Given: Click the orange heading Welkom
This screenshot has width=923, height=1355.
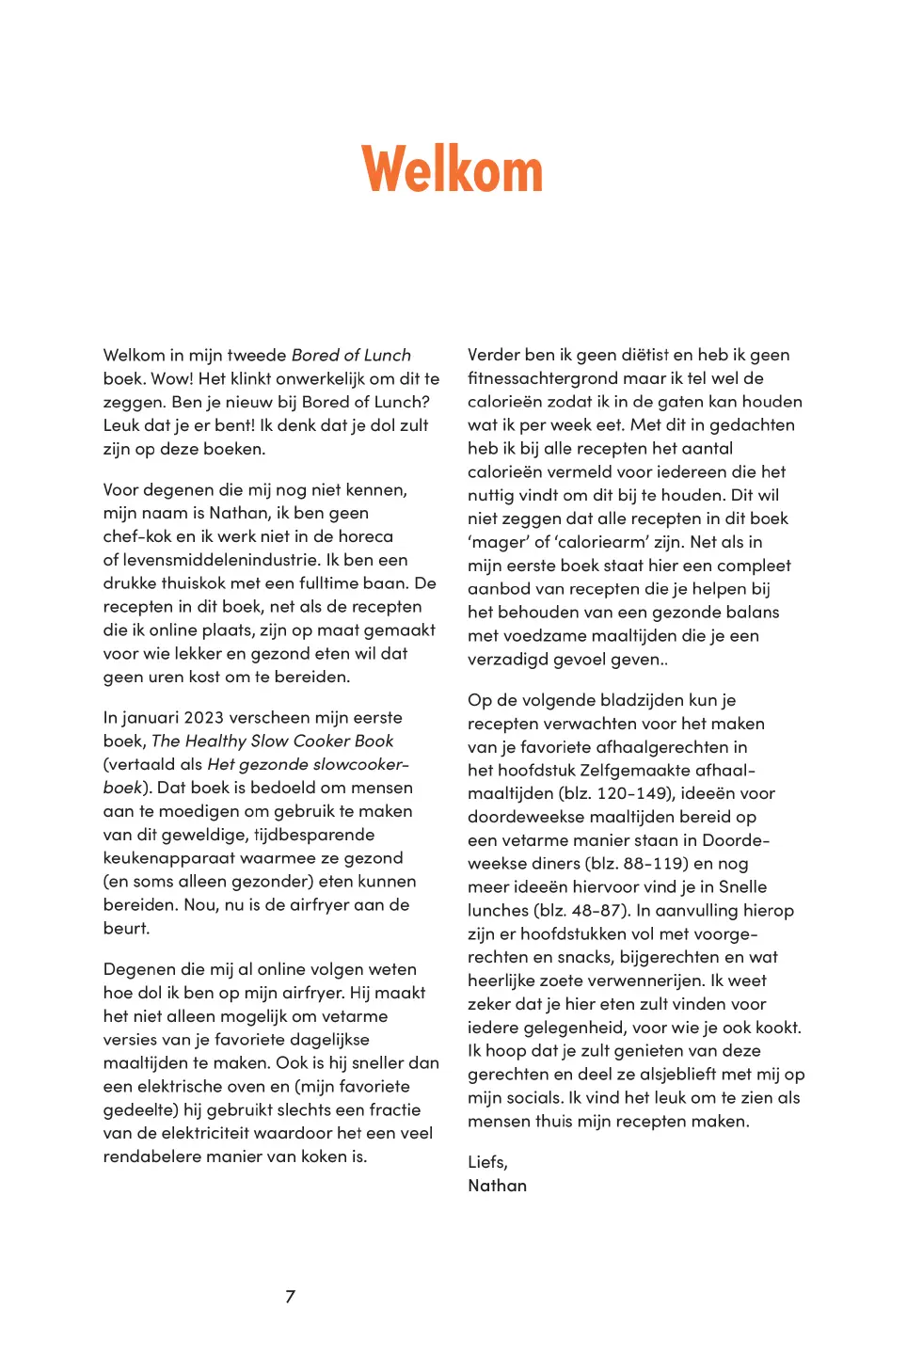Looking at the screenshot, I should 453,170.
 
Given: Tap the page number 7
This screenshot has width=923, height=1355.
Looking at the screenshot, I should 290,1297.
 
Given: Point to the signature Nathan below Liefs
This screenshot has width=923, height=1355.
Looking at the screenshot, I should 497,1186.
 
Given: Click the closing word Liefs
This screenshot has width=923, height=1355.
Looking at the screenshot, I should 487,1162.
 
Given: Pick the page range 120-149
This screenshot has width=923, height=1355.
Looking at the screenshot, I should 633,793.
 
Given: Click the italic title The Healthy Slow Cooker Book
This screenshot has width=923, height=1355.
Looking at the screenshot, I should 272,741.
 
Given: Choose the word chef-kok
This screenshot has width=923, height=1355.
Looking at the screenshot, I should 141,536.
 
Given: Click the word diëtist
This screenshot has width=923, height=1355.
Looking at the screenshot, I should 645,355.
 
